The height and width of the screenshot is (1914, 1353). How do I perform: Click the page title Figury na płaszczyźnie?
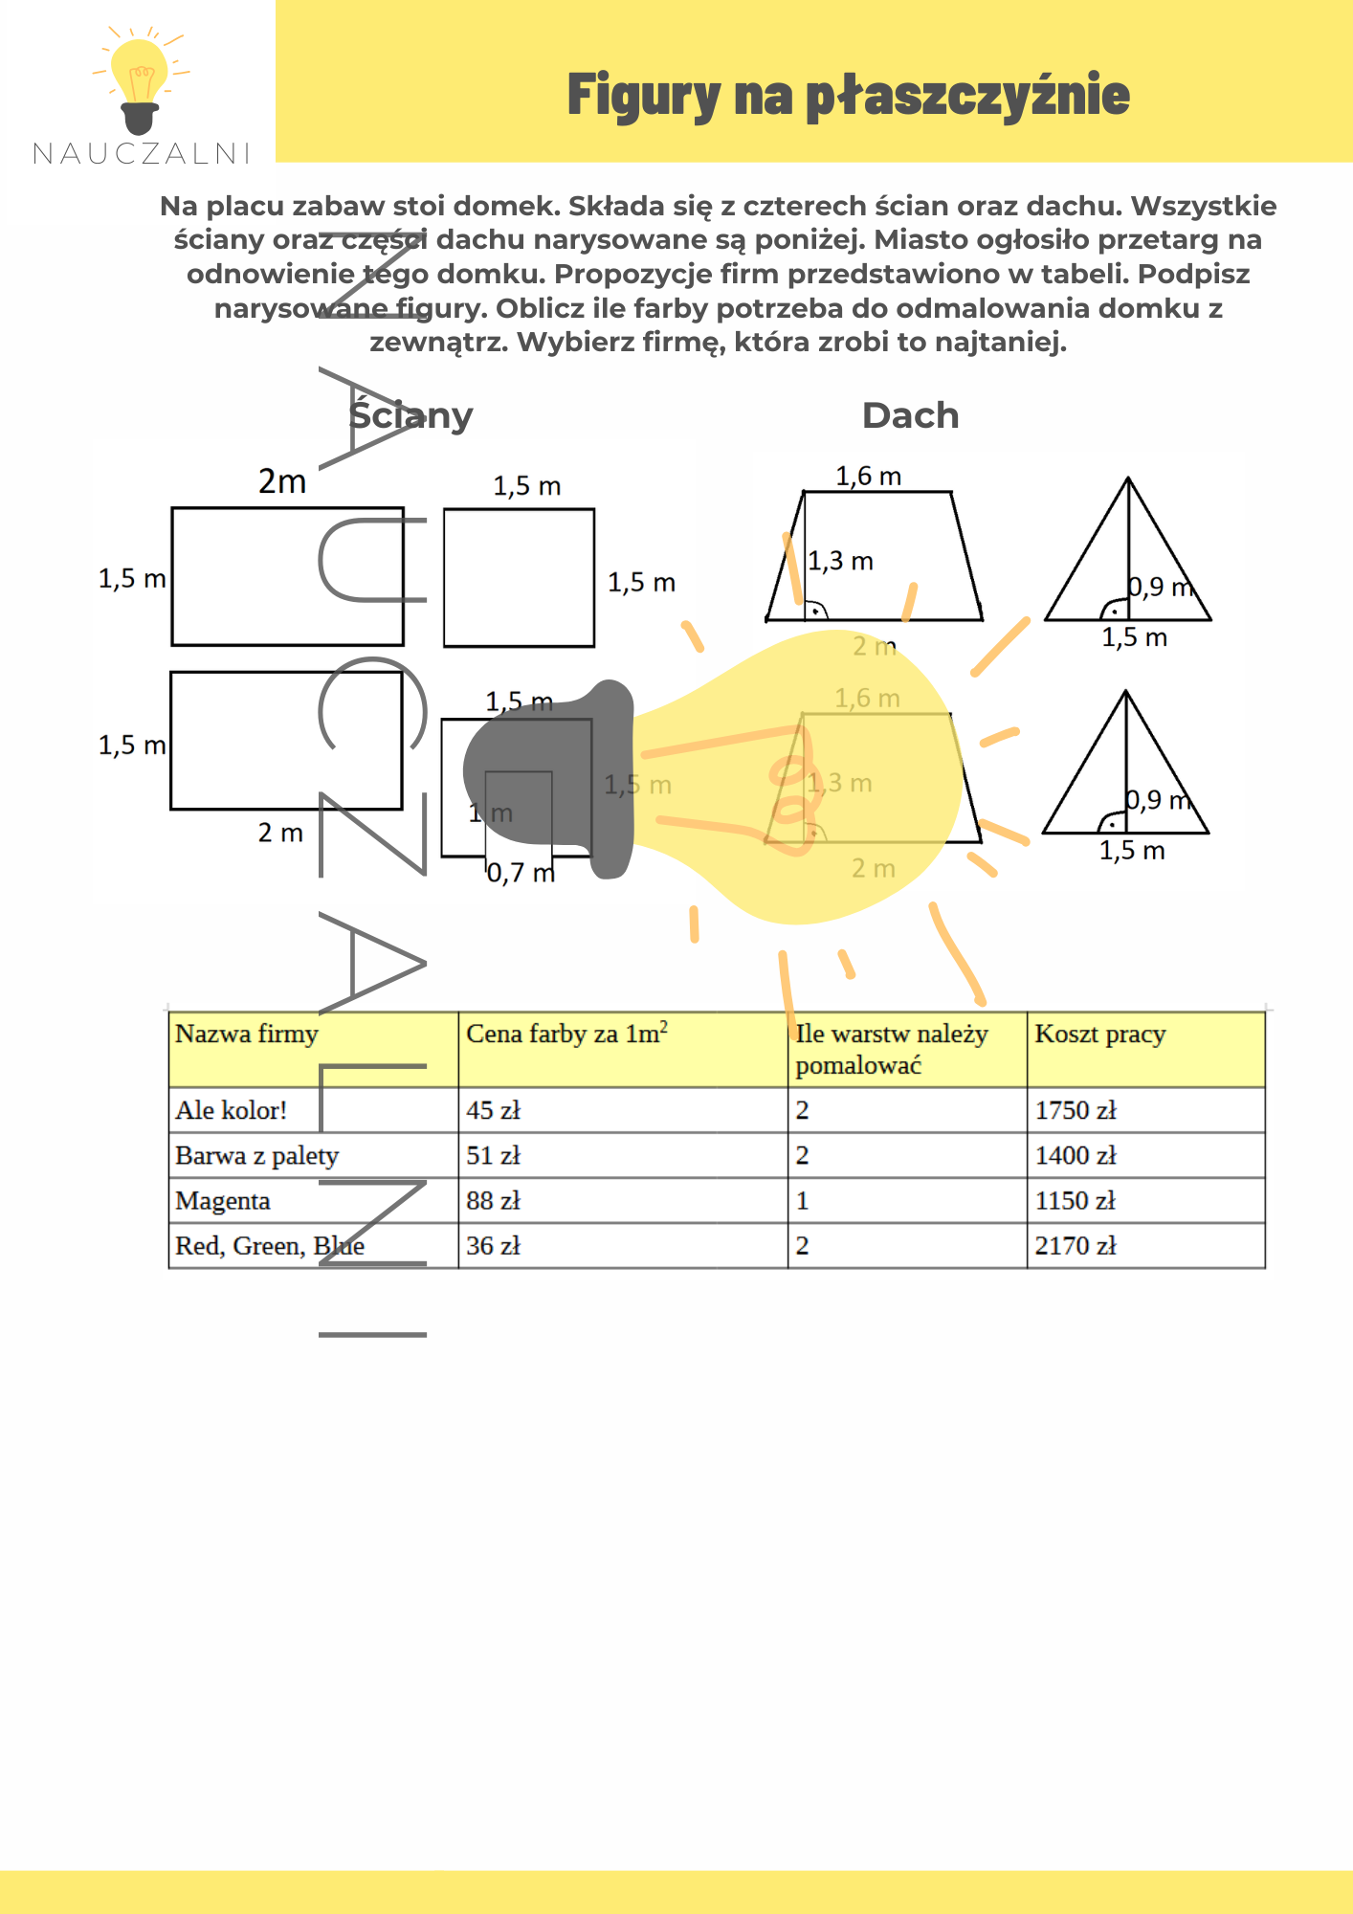coord(848,95)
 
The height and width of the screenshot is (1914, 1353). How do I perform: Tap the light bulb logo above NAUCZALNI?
coord(140,80)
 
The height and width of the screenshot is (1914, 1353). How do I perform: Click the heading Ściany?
coord(410,415)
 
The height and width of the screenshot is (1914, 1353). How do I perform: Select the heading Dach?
coord(910,415)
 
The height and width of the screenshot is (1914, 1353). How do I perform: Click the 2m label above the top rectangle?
coord(282,481)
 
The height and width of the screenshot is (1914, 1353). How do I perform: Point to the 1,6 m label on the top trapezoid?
coord(868,476)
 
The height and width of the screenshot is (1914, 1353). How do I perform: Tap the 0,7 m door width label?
coord(521,873)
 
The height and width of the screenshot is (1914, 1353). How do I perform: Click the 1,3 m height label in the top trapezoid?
coord(841,561)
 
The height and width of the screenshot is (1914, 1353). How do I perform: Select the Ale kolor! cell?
coord(232,1110)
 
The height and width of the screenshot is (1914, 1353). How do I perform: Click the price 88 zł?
coord(493,1200)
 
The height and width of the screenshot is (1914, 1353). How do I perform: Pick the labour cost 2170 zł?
coord(1076,1245)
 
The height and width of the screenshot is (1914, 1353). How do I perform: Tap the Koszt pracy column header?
coord(1100,1034)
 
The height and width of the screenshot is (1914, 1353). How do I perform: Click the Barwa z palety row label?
coord(256,1155)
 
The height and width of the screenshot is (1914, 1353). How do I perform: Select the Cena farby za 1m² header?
coord(566,1034)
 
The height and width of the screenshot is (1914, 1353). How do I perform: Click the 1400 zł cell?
coord(1076,1155)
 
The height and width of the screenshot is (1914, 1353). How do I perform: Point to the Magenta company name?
coord(223,1200)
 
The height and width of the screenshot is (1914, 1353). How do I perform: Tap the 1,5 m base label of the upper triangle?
coord(1134,638)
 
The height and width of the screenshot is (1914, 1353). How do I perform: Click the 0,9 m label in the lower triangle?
coord(1158,800)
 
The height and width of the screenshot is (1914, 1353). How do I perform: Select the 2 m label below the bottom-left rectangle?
coord(280,833)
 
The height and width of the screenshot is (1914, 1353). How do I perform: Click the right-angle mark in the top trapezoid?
coord(815,611)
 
